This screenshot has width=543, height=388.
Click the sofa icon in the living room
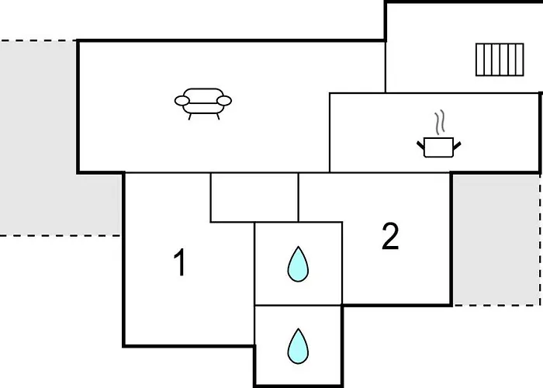tap(203, 102)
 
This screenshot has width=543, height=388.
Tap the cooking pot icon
tap(439, 147)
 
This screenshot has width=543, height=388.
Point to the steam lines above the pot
tap(440, 123)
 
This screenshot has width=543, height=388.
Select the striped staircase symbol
tap(499, 60)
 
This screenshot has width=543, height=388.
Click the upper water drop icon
tap(298, 264)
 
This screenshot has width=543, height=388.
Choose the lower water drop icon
tap(298, 346)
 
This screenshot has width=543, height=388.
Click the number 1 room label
tap(179, 263)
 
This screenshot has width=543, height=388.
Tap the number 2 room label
tap(390, 237)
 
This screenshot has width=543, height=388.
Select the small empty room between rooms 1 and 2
tap(254, 197)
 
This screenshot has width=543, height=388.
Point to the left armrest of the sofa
tap(182, 100)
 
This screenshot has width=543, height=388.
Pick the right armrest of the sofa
tap(226, 100)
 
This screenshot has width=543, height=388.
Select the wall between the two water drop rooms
tap(298, 305)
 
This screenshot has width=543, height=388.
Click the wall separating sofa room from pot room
tap(330, 132)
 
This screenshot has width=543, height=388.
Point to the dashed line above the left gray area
tap(39, 40)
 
